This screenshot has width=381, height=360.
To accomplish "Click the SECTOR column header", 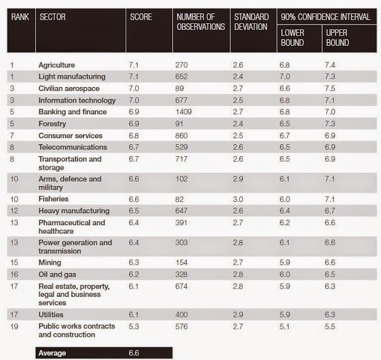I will point(52,17).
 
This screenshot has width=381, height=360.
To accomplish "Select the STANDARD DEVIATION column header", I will point(251,21).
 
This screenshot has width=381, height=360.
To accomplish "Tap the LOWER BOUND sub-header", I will point(292,38).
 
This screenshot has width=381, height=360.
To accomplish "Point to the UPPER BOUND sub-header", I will point(337,38).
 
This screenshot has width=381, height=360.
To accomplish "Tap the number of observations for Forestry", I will point(182,123).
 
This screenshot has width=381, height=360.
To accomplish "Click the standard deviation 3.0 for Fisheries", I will point(239,199).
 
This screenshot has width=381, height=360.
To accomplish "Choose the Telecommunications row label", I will point(72,147).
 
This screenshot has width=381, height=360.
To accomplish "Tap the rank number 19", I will point(15,327).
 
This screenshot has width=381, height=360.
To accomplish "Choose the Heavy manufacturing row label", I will point(74,211).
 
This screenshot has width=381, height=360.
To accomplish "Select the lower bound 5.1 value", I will point(286,327).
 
